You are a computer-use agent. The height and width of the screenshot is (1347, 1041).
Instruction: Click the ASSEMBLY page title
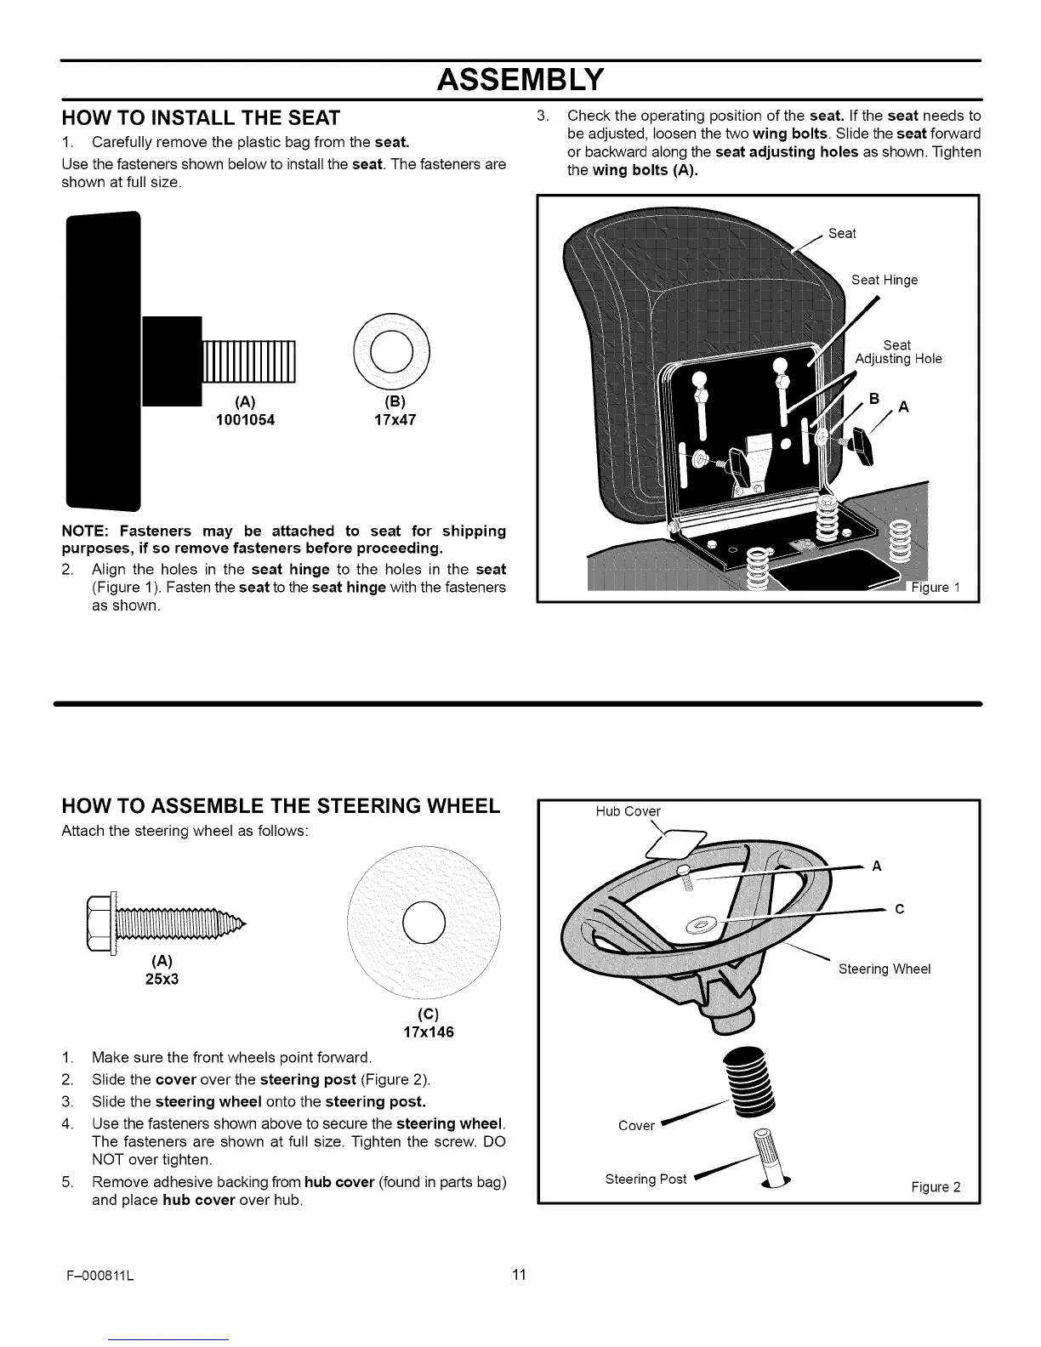520,79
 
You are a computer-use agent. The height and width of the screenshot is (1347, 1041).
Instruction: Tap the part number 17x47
395,419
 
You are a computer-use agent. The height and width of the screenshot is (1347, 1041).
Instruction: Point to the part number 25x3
162,979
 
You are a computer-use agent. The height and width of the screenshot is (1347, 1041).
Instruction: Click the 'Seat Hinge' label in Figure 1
885,280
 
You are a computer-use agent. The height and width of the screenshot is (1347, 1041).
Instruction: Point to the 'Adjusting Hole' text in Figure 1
898,359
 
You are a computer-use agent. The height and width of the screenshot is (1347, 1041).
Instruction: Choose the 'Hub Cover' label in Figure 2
628,811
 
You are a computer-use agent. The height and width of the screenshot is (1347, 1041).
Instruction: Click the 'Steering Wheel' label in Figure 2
885,969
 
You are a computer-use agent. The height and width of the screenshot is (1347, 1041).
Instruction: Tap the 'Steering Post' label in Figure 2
646,1179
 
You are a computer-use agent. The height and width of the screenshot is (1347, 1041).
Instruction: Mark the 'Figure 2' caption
936,1187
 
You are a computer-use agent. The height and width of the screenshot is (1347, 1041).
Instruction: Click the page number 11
520,1274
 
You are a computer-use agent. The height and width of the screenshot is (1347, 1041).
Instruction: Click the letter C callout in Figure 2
900,909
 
